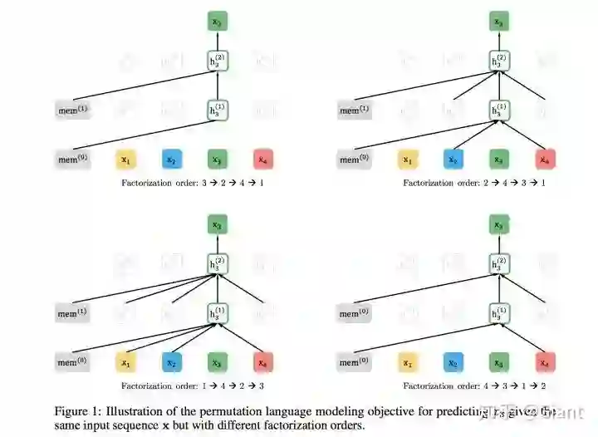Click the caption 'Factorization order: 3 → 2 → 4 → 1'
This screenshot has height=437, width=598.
pyautogui.click(x=192, y=182)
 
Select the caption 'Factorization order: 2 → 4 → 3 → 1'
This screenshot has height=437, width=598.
pyautogui.click(x=474, y=182)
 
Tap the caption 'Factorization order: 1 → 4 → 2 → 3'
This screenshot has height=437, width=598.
pyautogui.click(x=192, y=385)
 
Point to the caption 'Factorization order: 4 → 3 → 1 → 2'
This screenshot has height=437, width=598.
pyautogui.click(x=474, y=385)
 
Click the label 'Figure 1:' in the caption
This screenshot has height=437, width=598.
pyautogui.click(x=77, y=411)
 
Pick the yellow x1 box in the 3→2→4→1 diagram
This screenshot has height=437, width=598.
pyautogui.click(x=126, y=159)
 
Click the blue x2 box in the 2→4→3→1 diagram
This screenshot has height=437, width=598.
pyautogui.click(x=453, y=159)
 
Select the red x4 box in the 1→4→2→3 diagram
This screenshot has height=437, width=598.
pyautogui.click(x=262, y=363)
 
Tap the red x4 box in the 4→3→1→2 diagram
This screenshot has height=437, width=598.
pyautogui.click(x=544, y=363)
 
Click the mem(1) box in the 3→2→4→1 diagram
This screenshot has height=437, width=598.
pyautogui.click(x=73, y=110)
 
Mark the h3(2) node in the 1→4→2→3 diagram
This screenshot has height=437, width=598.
pyautogui.click(x=217, y=264)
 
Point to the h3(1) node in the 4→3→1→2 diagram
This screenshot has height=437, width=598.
pyautogui.click(x=499, y=313)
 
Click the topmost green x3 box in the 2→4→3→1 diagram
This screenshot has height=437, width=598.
pyautogui.click(x=498, y=22)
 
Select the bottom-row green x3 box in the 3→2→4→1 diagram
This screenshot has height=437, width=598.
pyautogui.click(x=217, y=159)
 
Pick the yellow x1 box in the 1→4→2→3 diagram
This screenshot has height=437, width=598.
pyautogui.click(x=126, y=363)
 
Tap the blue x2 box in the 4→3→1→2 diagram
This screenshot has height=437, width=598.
pyautogui.click(x=453, y=363)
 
